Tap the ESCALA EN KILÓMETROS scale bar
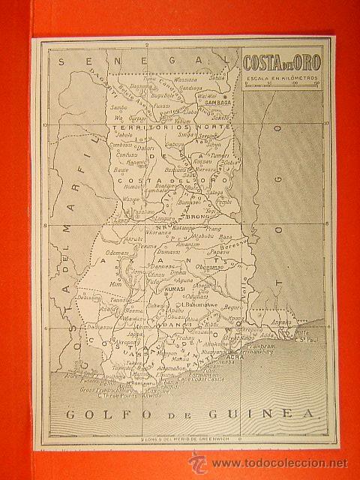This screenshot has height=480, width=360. (277, 84)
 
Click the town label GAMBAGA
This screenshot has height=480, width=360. (217, 102)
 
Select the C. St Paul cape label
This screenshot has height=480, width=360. (303, 339)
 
